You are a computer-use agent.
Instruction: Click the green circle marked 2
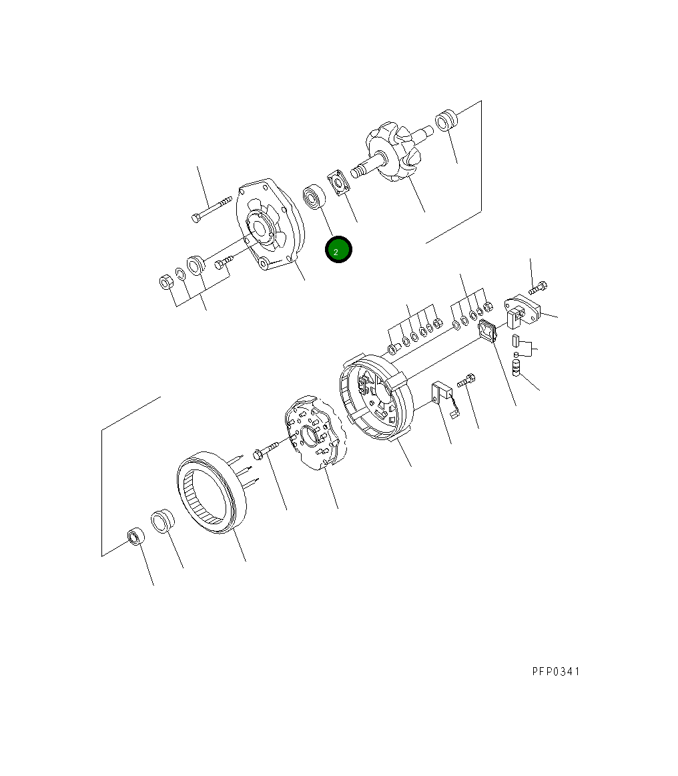tap(338, 250)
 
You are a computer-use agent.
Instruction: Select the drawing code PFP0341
tap(556, 671)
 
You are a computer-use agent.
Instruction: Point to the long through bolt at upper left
tap(210, 208)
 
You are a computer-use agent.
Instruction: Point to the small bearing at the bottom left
tap(136, 536)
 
